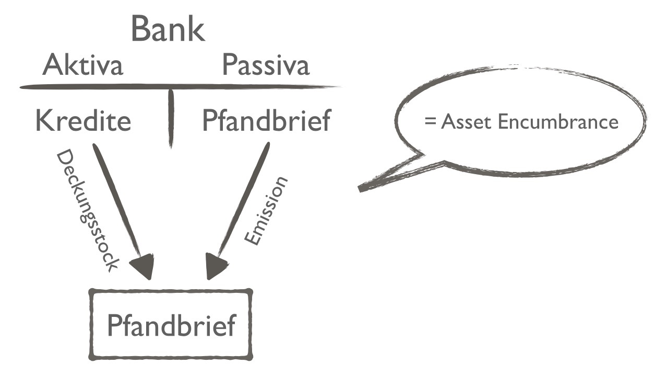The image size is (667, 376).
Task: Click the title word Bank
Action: pos(168,29)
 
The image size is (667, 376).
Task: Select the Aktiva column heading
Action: pos(82,66)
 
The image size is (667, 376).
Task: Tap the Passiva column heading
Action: pos(266,66)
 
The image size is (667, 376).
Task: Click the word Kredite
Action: pos(82,121)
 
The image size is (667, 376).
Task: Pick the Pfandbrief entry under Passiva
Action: pos(266,121)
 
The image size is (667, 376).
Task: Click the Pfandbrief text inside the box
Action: pos(171,325)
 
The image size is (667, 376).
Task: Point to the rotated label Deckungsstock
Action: pos(87,209)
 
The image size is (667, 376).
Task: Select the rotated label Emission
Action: pos(266,211)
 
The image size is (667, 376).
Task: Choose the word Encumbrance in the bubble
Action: pos(557,122)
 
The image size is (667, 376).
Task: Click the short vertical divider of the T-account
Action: pos(170,118)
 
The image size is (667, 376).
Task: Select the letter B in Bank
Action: pos(140,29)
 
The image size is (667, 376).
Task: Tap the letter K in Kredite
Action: pos(44,121)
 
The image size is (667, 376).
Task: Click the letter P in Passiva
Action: pos(230,66)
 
